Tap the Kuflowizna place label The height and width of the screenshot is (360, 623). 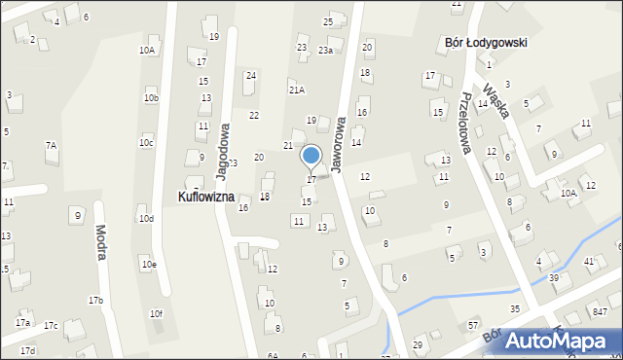[x=206, y=197]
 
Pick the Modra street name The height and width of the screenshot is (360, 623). [x=100, y=242]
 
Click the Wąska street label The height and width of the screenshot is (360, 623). [x=496, y=97]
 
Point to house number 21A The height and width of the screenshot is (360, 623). [x=297, y=90]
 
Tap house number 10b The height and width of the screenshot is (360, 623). [x=151, y=97]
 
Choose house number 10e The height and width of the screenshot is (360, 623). [x=148, y=264]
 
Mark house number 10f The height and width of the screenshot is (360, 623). [x=156, y=313]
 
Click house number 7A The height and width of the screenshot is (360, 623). [x=51, y=145]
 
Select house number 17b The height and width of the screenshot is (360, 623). [x=95, y=301]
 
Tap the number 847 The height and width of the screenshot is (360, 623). [x=600, y=311]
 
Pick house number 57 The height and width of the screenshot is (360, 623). [x=473, y=324]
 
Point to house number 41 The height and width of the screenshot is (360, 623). [x=589, y=262]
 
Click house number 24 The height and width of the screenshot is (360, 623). [x=251, y=75]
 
